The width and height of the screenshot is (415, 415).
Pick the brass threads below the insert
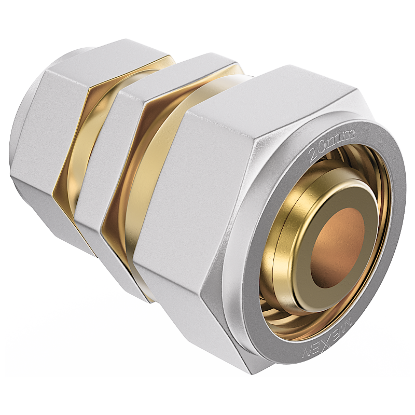pos(290,316)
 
